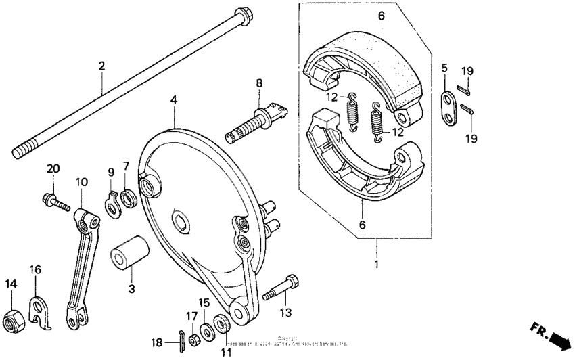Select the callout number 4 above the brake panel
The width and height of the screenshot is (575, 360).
tap(174, 99)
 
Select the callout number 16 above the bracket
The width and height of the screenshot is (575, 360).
tap(35, 270)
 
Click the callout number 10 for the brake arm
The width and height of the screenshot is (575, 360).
tap(82, 182)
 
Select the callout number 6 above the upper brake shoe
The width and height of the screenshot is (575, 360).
tap(381, 15)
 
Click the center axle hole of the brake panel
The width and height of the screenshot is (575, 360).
tap(181, 220)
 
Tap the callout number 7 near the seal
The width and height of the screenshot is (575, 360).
tap(126, 166)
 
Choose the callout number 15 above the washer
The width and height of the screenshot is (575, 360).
tap(204, 302)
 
